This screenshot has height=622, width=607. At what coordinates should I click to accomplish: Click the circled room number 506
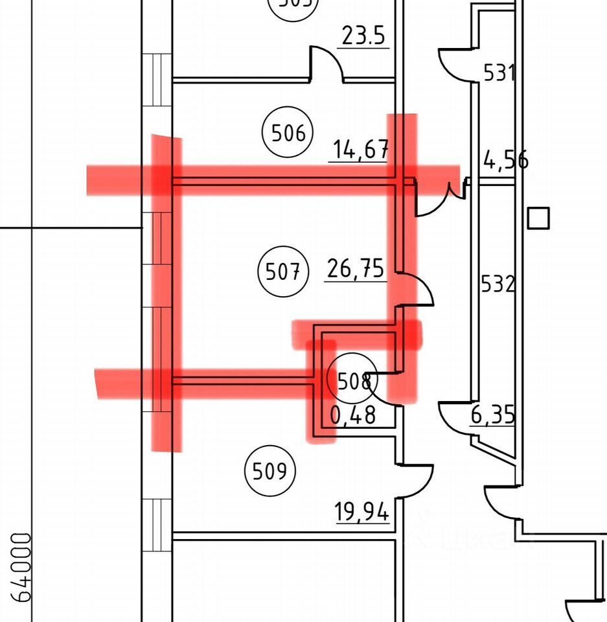click(288, 134)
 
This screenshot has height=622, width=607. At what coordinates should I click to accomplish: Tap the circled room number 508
click(354, 381)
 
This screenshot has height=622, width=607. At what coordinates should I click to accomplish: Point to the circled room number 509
click(269, 471)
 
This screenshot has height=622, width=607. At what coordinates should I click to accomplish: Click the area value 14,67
click(361, 150)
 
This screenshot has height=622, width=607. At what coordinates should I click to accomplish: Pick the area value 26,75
click(356, 269)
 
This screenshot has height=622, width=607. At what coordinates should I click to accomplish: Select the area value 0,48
click(353, 415)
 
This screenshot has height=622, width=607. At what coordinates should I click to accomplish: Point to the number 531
click(499, 73)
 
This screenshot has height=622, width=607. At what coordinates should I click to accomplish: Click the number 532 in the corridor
click(498, 284)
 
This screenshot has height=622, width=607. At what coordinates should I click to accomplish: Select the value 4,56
click(505, 159)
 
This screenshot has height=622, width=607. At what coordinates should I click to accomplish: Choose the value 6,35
click(493, 415)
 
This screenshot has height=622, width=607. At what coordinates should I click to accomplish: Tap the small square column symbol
click(538, 218)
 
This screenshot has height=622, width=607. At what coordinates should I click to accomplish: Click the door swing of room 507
click(417, 290)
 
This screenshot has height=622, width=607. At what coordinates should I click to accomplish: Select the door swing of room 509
click(417, 479)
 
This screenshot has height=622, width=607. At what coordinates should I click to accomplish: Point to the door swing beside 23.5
click(326, 63)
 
